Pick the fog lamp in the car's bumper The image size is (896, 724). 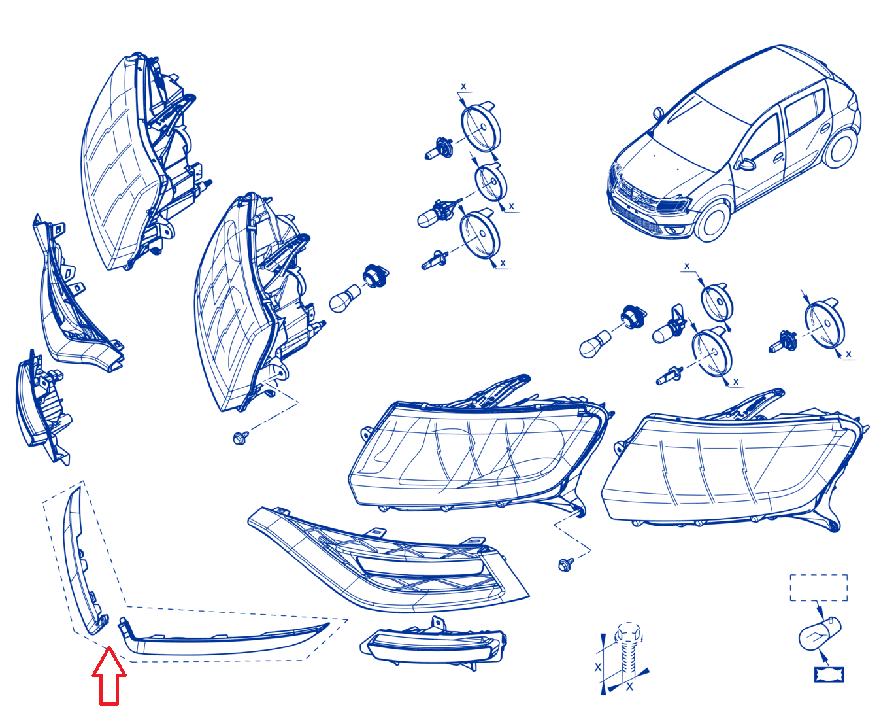(674, 230)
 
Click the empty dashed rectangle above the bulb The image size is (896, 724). (819, 587)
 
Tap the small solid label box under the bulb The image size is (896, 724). (829, 675)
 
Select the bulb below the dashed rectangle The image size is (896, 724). (820, 634)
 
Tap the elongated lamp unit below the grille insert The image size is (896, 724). (433, 645)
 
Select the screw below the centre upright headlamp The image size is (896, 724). (241, 438)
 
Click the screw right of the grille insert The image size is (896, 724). (566, 564)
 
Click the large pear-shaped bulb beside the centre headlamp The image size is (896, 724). (345, 298)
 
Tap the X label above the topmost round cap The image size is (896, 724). (463, 86)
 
